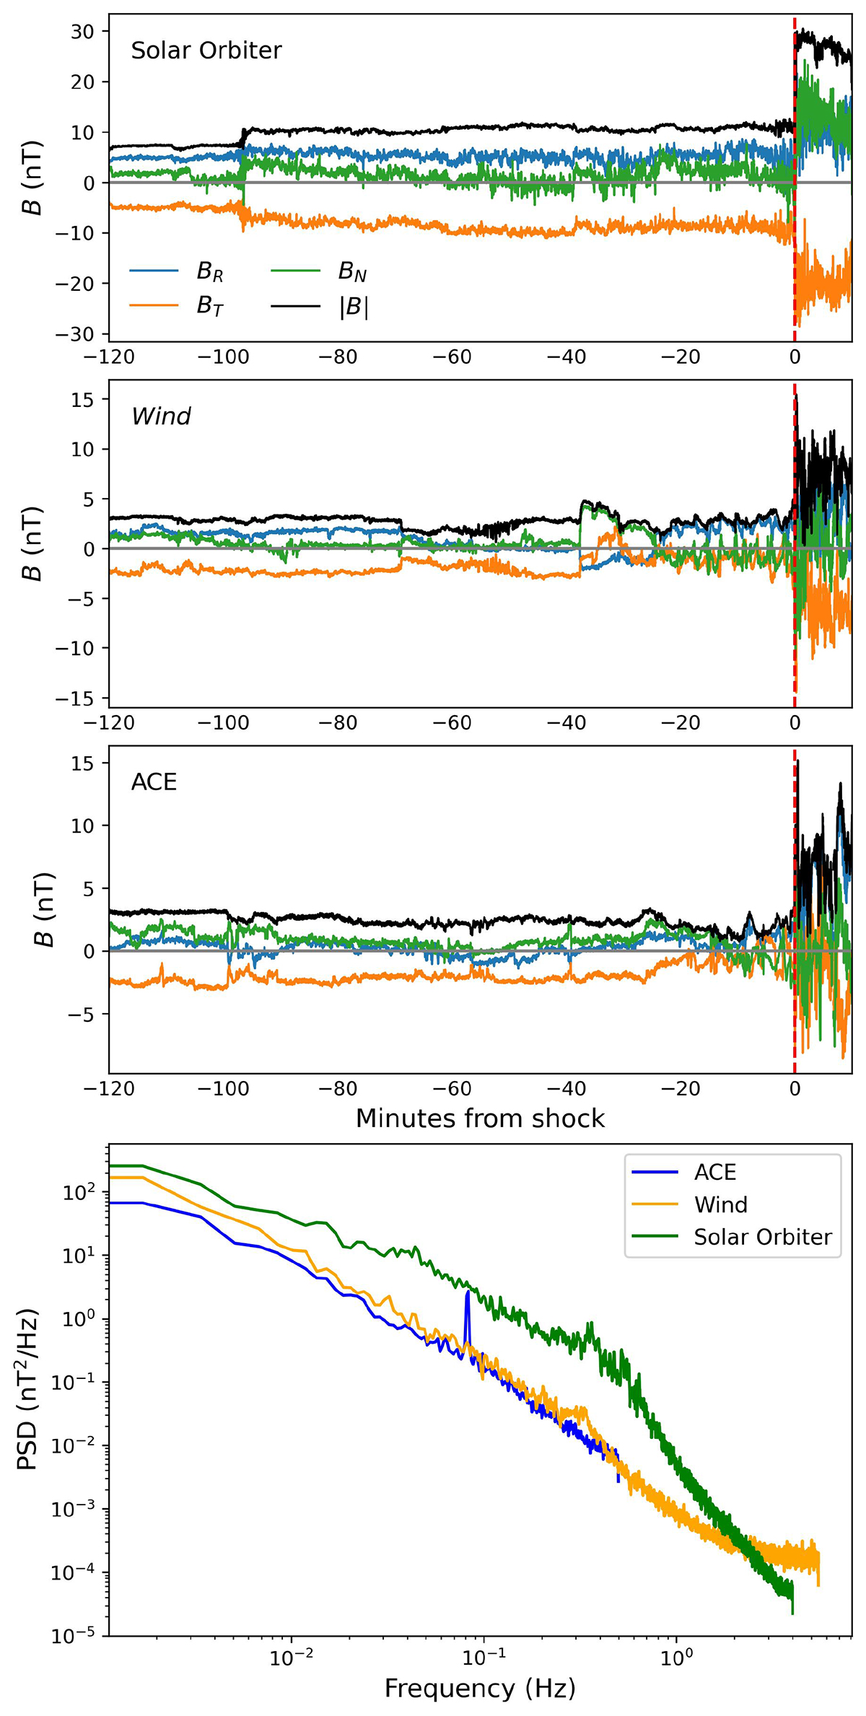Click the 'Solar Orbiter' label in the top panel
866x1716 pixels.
coord(206,51)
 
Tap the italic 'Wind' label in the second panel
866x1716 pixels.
coord(161,416)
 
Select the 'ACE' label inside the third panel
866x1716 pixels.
coord(154,782)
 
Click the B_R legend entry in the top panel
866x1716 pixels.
coord(209,272)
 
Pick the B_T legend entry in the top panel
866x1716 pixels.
coord(209,307)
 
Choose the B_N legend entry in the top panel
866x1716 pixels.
coord(352,272)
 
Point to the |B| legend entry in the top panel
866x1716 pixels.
coord(354,307)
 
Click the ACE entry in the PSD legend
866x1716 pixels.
coord(714,1172)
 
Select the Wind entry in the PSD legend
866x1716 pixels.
coord(720,1204)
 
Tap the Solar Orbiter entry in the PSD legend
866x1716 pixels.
coord(763,1237)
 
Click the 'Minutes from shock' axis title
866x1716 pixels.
coord(480,1119)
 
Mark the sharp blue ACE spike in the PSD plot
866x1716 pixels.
coord(468,1294)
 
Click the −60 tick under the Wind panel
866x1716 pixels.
coord(455,723)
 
